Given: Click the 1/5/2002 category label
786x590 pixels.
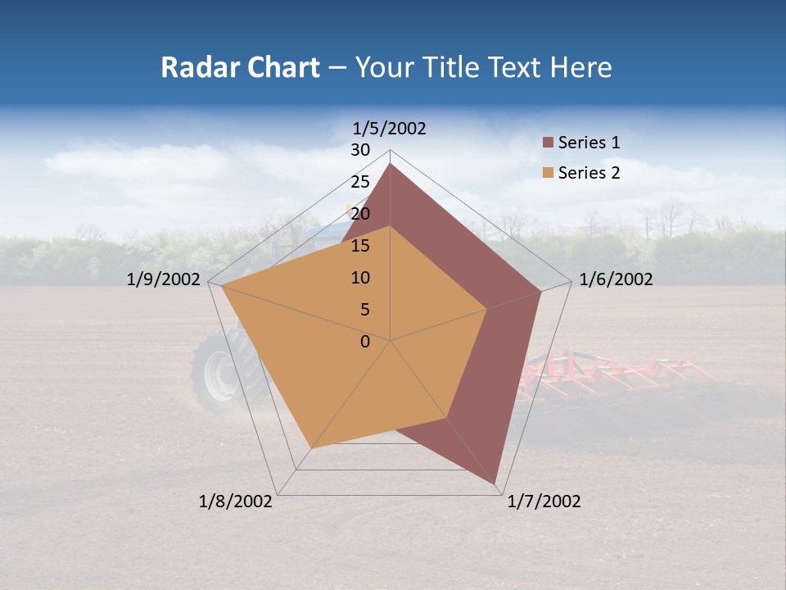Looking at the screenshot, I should (x=390, y=128).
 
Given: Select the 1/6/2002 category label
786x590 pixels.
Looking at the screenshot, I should (x=616, y=279).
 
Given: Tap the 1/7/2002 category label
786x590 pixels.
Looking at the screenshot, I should (x=544, y=501).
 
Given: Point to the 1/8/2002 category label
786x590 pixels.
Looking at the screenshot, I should (x=236, y=501).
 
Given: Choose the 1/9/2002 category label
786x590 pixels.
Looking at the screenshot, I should (x=164, y=279).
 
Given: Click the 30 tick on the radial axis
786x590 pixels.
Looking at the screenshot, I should (x=360, y=150).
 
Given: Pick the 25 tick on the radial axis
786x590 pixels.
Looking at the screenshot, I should (x=360, y=182).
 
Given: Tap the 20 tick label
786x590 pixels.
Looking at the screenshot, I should (x=360, y=214).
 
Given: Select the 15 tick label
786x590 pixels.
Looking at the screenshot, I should (x=360, y=246).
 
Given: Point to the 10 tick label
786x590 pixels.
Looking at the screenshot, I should (x=360, y=278).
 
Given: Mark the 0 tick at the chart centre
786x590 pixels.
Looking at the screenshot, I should (x=365, y=342).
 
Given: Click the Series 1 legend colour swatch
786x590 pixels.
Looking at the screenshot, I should (x=548, y=143).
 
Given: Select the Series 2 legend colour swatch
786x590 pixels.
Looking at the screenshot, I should (x=548, y=173).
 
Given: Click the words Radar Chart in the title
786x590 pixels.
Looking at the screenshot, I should (x=240, y=67).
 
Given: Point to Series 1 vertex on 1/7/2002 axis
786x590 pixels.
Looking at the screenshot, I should (x=495, y=483).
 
